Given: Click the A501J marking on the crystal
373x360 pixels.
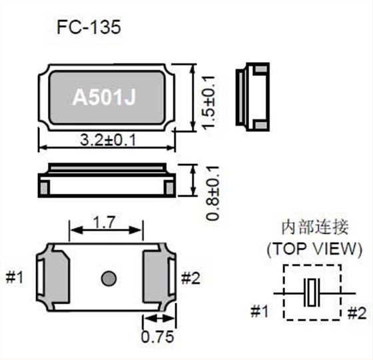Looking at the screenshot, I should pos(104,98).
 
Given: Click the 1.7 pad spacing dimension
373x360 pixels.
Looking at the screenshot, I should pos(107,223).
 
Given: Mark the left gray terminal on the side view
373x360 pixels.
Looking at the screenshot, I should pos(45,189).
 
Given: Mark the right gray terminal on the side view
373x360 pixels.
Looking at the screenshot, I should pos(169,189).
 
